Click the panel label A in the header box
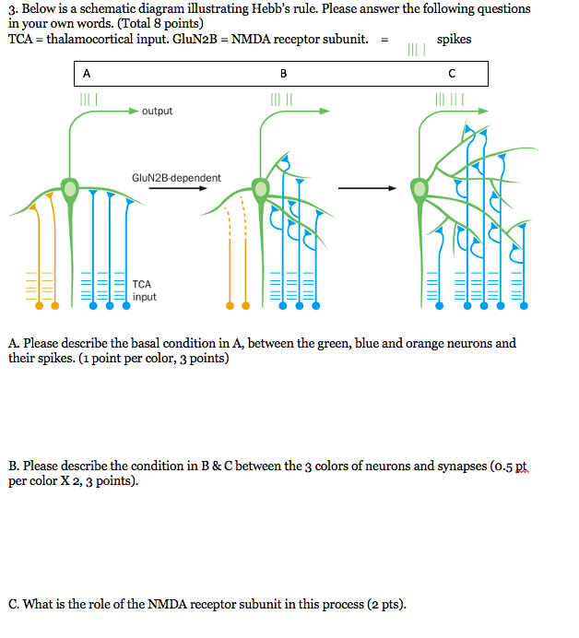click(87, 73)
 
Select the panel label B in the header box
click(283, 73)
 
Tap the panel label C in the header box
click(451, 73)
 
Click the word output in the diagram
click(157, 112)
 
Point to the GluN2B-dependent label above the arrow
click(177, 177)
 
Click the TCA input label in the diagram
click(144, 290)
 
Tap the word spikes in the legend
click(454, 40)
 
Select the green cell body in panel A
click(69, 189)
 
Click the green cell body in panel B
click(261, 190)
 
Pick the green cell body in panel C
click(419, 190)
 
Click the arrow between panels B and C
click(366, 189)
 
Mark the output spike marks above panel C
click(450, 98)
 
